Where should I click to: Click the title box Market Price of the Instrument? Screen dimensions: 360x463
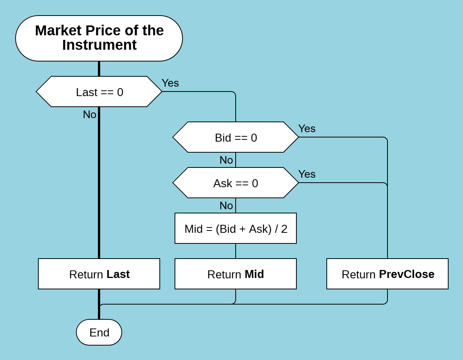tap(99, 38)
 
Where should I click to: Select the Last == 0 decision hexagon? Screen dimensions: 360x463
tap(99, 92)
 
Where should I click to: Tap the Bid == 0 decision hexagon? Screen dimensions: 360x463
tap(236, 137)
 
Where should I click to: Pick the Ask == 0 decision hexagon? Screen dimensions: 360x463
tap(236, 183)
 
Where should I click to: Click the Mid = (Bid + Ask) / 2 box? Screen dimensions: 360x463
tap(236, 229)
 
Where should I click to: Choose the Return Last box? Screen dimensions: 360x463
tap(99, 274)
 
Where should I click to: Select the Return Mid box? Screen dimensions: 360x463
tap(236, 274)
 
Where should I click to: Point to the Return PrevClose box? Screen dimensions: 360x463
tap(387, 274)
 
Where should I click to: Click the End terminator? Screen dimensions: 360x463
tap(99, 333)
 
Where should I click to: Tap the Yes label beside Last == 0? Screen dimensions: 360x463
tap(170, 83)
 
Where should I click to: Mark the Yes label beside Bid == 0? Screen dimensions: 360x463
tap(307, 128)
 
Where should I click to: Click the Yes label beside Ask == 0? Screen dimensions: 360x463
tap(307, 174)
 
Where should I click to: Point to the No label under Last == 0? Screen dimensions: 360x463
tap(90, 114)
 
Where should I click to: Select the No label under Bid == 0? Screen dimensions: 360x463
tap(226, 160)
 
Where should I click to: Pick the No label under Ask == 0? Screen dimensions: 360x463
tap(226, 205)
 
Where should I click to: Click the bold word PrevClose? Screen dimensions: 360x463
tap(406, 274)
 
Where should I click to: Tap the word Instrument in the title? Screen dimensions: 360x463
tap(99, 45)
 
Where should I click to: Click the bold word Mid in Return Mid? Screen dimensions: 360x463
tap(254, 274)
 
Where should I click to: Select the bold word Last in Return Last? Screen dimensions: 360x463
tap(118, 274)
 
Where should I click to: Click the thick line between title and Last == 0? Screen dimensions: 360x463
tap(99, 69)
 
